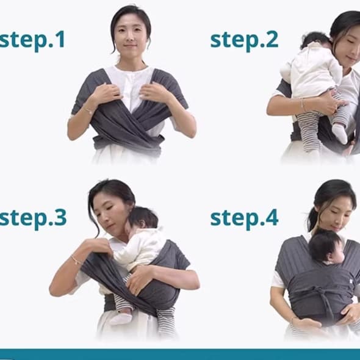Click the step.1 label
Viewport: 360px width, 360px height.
coord(32,41)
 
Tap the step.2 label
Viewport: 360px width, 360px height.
coord(244,41)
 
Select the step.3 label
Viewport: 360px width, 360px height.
coord(33,218)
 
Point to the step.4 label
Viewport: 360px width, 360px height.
coord(244,218)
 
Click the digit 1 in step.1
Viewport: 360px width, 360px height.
coord(61,39)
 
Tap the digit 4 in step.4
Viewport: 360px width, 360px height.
coord(272,217)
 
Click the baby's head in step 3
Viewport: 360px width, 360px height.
coord(144,217)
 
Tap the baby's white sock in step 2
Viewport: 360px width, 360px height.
coord(340,133)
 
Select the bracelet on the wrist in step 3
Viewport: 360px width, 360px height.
coord(76,260)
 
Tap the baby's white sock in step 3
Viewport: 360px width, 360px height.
coord(121,318)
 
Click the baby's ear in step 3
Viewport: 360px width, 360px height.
coord(142,224)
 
